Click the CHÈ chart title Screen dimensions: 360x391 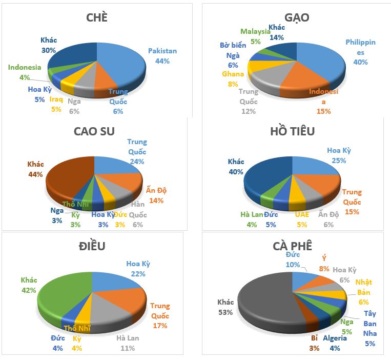[97, 18]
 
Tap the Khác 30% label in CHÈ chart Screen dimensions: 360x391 [49, 45]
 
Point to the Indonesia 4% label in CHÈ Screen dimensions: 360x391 [25, 72]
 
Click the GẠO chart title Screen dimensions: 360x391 [297, 18]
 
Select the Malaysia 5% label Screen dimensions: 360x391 [255, 36]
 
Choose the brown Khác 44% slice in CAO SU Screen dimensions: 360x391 [67, 177]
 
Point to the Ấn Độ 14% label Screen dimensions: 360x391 [156, 195]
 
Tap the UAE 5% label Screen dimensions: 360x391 [302, 219]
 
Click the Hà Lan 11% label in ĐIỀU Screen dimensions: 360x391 [128, 343]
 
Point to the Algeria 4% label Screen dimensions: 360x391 [335, 343]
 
